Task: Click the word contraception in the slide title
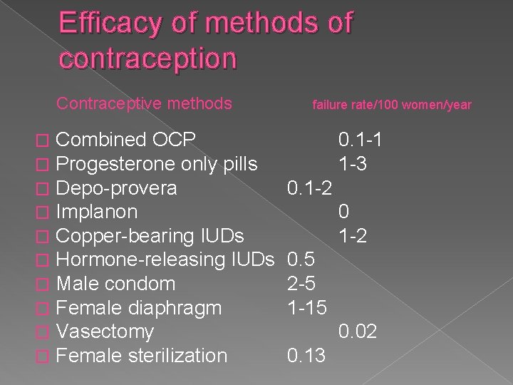coord(147,58)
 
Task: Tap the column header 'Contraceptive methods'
coord(144,104)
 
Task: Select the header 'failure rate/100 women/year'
coord(392,105)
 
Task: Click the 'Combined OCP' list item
coord(126,140)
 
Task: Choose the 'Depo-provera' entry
coord(116,188)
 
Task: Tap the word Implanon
coord(96,212)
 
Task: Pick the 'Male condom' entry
coord(115,284)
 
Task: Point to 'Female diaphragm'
coord(138,308)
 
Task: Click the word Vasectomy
coord(105,332)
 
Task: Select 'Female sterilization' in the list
coord(141,355)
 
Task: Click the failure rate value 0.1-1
coord(361,140)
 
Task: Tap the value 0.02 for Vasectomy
coord(358,332)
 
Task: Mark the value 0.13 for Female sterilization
coord(305,355)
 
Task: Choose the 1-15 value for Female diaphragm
coord(308,308)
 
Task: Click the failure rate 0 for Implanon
coord(344,212)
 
